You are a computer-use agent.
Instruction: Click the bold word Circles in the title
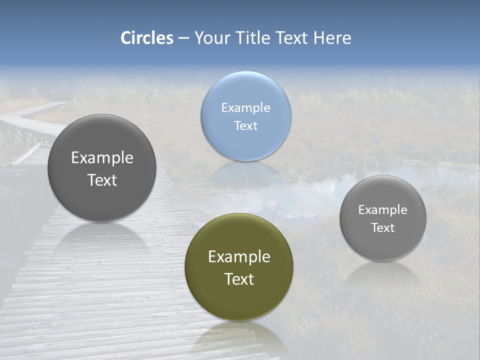click(147, 38)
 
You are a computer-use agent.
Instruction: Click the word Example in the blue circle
click(246, 107)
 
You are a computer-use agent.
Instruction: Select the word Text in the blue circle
click(246, 125)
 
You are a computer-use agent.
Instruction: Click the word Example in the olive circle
click(239, 257)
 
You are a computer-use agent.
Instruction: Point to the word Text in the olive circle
click(239, 279)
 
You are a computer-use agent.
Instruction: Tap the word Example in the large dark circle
click(102, 158)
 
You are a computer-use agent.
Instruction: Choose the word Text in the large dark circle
click(102, 180)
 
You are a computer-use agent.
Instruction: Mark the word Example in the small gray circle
click(383, 210)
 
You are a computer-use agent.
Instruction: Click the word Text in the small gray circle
click(383, 228)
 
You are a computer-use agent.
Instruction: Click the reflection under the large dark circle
click(102, 240)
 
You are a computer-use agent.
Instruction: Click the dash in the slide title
click(183, 38)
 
